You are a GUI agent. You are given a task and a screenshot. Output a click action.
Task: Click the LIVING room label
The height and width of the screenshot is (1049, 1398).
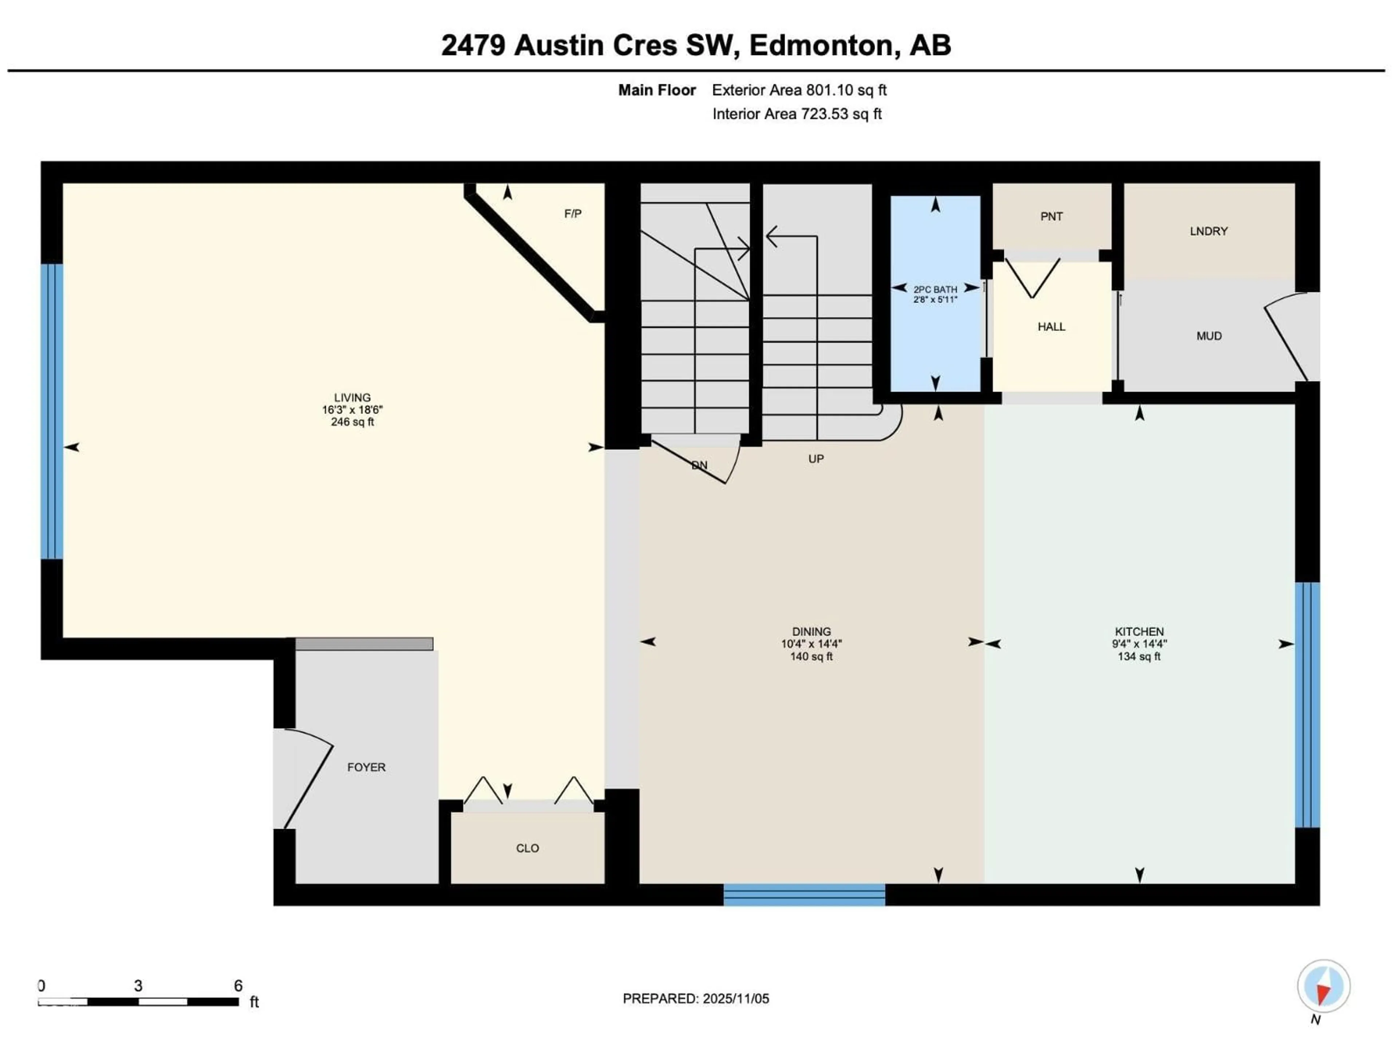(352, 398)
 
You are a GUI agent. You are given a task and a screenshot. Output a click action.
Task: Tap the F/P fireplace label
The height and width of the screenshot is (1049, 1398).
(573, 214)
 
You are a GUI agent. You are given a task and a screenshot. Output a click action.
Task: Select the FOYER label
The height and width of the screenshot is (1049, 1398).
(366, 767)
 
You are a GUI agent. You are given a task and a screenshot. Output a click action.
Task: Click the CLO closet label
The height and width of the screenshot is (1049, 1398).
(527, 848)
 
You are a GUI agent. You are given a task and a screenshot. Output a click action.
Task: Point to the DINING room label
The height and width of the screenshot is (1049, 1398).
(811, 631)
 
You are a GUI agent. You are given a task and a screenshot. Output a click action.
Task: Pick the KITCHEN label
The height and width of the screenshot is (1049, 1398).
(1139, 631)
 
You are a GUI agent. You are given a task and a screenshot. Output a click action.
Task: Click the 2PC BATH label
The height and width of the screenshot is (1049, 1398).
(935, 290)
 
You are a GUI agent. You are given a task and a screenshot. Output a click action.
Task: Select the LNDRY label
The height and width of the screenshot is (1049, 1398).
(1208, 231)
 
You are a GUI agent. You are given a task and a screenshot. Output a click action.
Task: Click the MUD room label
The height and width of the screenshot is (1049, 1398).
(1208, 336)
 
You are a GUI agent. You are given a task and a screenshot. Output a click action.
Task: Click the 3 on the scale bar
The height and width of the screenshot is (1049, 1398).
(138, 986)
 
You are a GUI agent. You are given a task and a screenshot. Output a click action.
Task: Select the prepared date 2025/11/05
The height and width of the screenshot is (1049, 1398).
(734, 998)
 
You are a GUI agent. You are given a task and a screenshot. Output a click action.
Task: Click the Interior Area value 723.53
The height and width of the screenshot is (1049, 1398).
(824, 114)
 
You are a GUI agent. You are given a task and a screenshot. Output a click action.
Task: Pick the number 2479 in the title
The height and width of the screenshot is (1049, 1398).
(473, 46)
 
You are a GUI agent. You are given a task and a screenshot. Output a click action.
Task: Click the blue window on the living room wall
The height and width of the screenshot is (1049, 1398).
(52, 411)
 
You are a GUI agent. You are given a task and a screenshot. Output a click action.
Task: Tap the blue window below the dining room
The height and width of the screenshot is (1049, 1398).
(804, 894)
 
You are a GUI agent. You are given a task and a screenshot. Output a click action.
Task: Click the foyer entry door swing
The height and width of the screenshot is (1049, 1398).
(307, 778)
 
